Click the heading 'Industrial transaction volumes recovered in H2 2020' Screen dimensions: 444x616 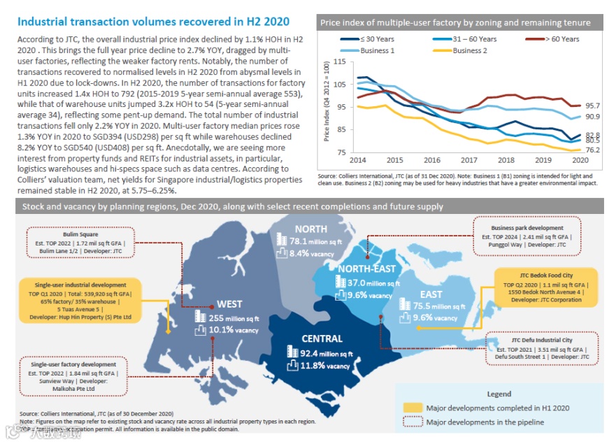tap(154, 22)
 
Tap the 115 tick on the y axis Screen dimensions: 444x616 tap(340, 62)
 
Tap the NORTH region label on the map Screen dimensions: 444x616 tap(310, 229)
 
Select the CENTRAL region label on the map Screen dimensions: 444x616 tap(322, 338)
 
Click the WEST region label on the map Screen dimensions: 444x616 tap(229, 304)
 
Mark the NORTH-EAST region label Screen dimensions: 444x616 tap(366, 269)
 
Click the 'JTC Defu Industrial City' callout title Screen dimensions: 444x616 tap(543, 340)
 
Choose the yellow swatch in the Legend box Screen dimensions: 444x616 tap(413, 408)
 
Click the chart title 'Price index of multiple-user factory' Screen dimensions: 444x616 tap(454, 22)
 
